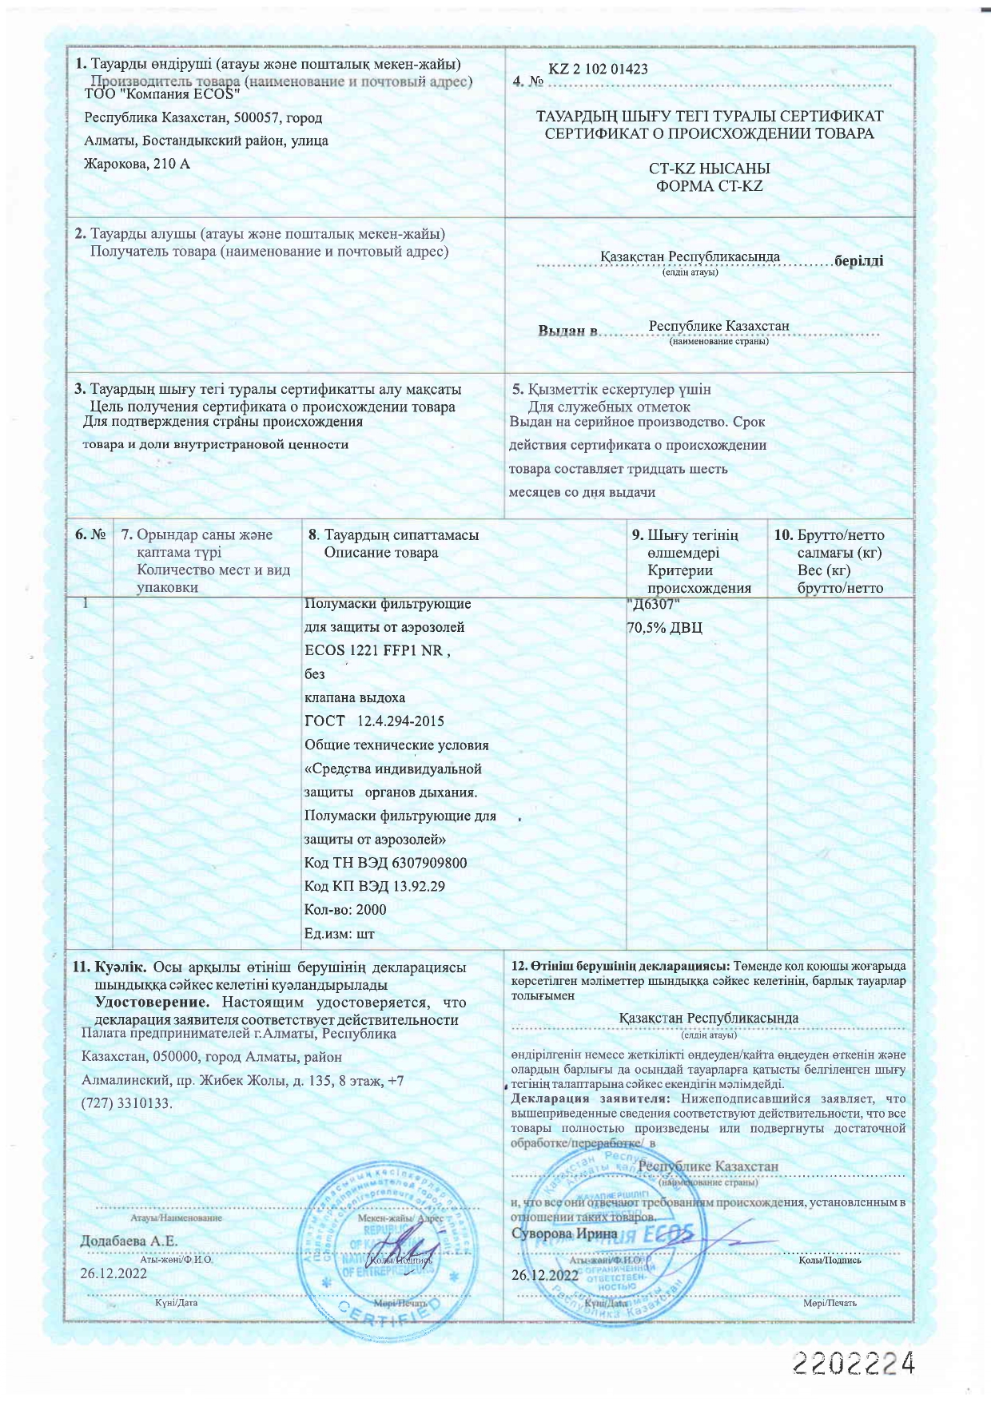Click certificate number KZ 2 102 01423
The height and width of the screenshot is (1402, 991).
[x=598, y=69]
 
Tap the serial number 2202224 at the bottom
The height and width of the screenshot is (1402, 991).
[x=853, y=1364]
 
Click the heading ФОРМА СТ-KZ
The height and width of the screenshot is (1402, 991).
[x=709, y=186]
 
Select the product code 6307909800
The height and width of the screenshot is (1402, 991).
[x=430, y=863]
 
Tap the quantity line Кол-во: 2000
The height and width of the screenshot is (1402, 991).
[x=345, y=910]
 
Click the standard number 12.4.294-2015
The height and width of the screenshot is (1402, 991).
[x=400, y=721]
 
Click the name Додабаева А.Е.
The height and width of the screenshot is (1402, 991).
[x=129, y=1241]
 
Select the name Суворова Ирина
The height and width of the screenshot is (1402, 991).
[x=564, y=1233]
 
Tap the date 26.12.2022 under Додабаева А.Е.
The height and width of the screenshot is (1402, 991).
[x=113, y=1273]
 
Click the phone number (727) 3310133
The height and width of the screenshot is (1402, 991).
[x=125, y=1104]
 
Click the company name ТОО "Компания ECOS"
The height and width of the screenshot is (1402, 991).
[x=162, y=94]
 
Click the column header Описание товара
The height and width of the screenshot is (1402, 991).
[x=380, y=553]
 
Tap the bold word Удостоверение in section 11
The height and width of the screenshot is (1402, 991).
[x=153, y=1002]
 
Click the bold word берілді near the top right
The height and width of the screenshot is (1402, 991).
[x=858, y=261]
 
